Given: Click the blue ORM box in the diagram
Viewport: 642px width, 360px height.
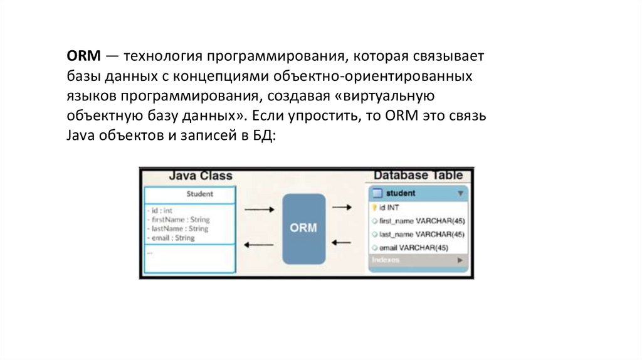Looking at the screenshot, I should (303, 228).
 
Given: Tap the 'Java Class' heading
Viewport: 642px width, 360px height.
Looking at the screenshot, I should (200, 176).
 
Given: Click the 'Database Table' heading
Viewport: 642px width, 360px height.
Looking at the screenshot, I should (418, 176).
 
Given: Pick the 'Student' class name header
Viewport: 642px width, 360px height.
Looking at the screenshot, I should (199, 194).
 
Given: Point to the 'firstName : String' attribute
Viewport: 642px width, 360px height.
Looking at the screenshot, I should (179, 220).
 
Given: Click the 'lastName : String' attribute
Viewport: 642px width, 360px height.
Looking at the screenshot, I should (179, 229).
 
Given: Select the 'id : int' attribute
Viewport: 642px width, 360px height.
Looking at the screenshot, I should (161, 211).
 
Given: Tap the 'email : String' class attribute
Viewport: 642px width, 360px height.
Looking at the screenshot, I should (172, 238).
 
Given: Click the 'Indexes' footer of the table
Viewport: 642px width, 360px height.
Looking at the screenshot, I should (386, 260).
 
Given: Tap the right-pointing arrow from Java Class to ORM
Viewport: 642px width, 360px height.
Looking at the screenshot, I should (258, 210).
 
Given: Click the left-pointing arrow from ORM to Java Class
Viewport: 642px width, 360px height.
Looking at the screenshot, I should (258, 245).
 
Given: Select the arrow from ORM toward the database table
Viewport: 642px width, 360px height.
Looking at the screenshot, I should (341, 206).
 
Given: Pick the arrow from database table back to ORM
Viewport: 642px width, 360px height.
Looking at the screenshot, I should (341, 242).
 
